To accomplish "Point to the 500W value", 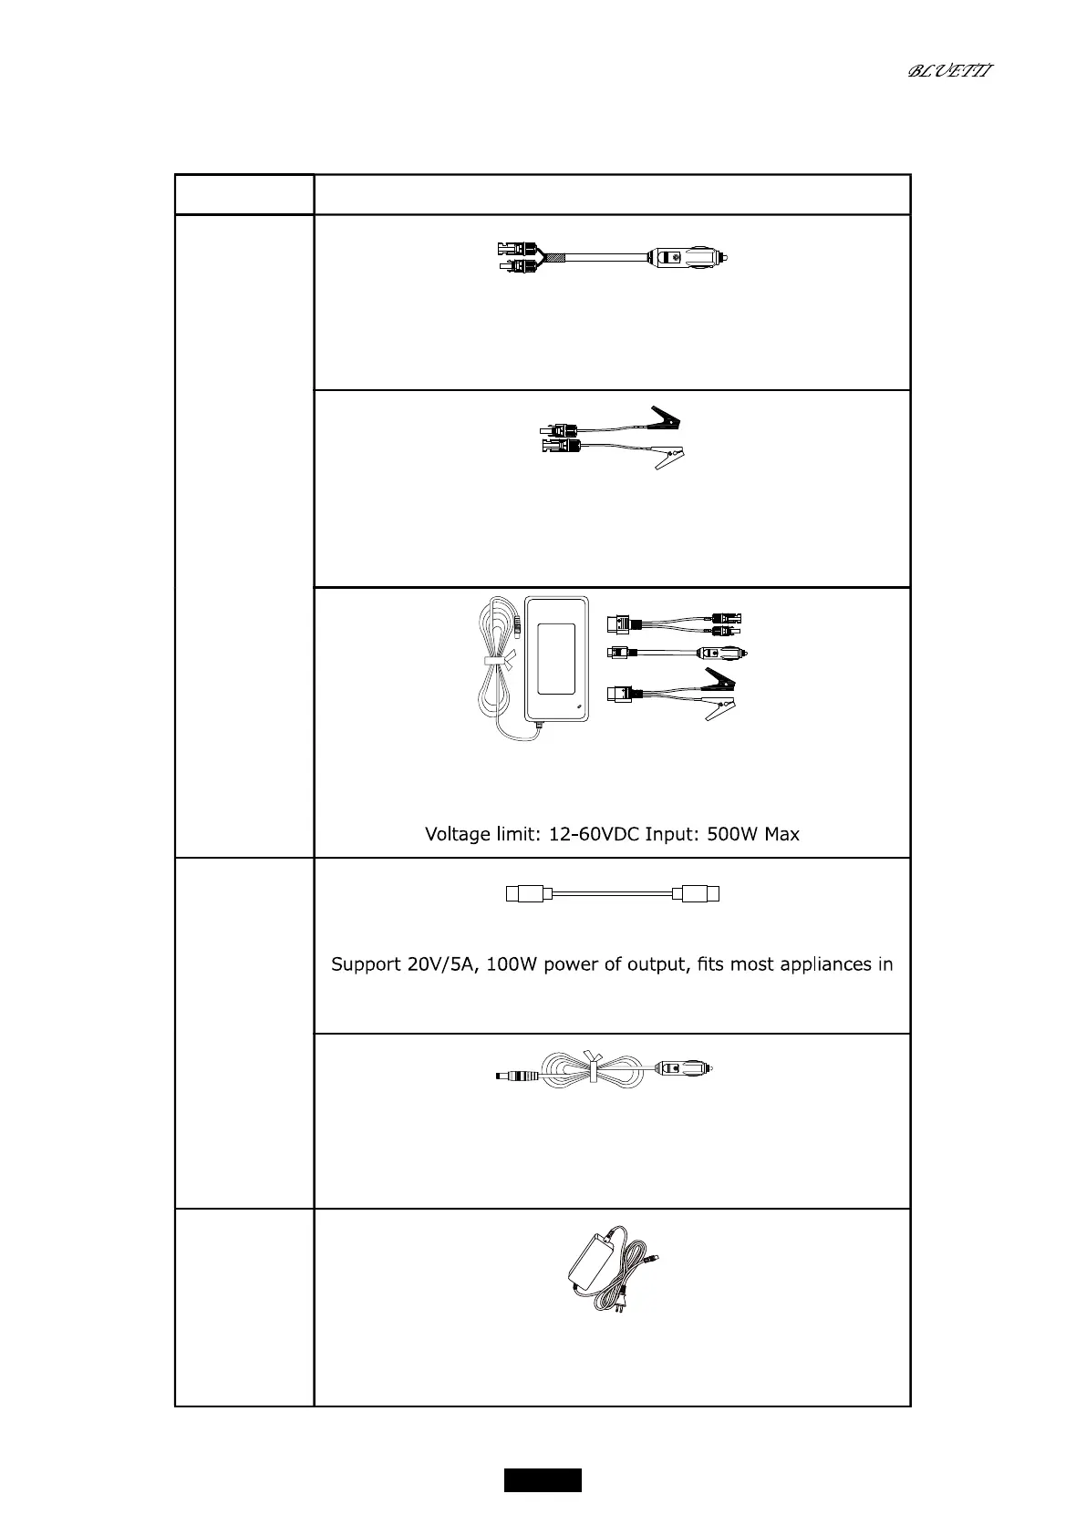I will tap(730, 834).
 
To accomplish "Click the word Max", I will tap(782, 834).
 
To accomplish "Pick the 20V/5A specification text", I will tap(443, 964).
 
